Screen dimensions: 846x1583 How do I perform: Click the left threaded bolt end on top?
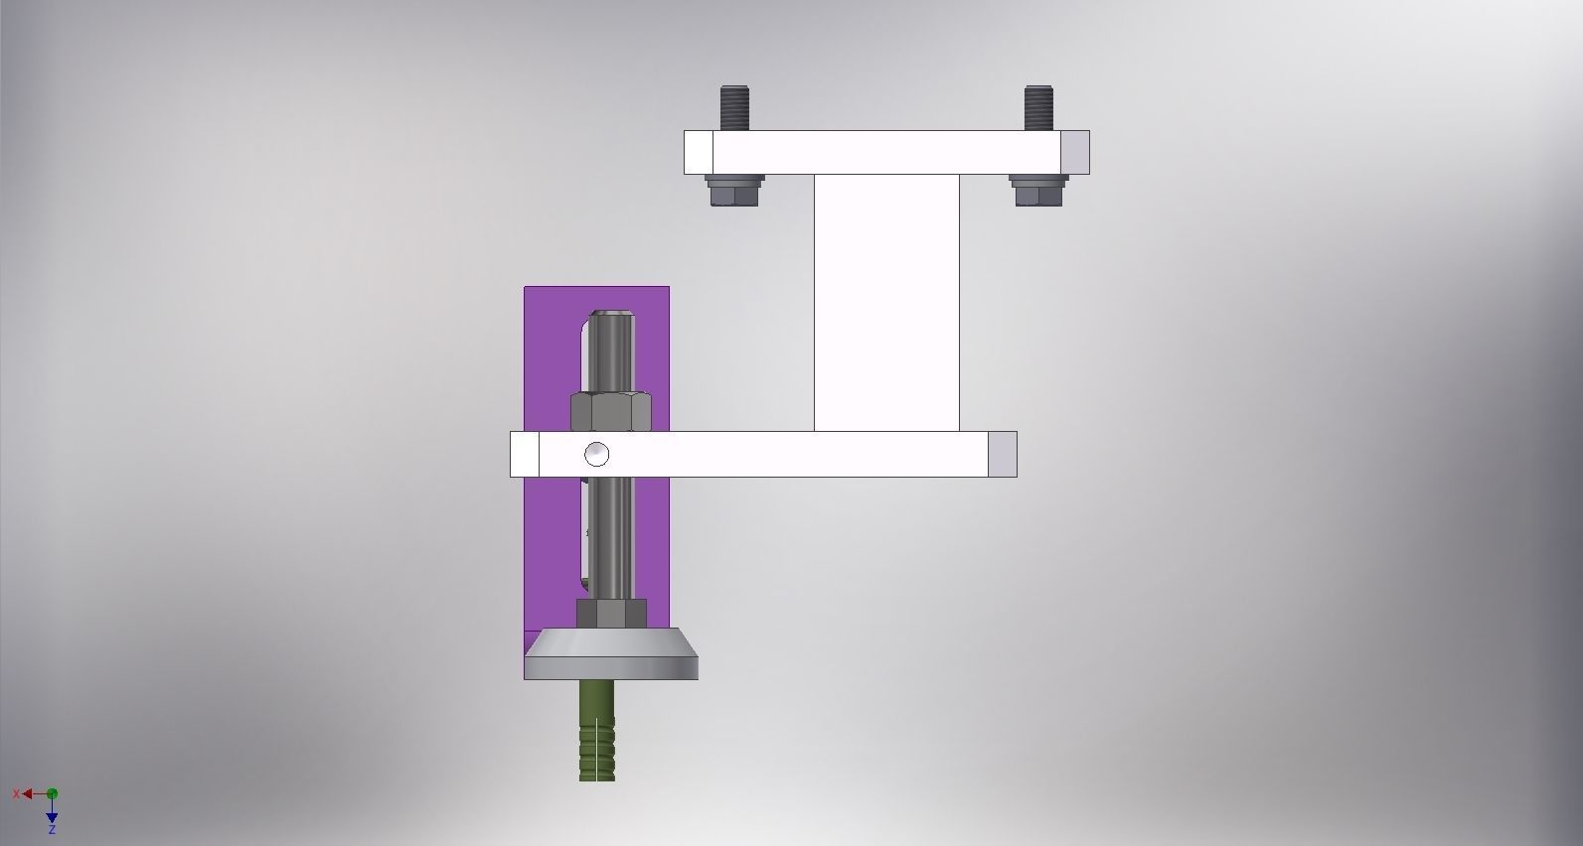coord(734,107)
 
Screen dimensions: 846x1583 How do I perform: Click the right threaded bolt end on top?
coord(1038,107)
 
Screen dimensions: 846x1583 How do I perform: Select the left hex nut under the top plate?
coord(735,191)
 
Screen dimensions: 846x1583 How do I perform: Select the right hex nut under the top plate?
coord(1038,191)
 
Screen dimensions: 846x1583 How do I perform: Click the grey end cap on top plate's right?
coord(1074,152)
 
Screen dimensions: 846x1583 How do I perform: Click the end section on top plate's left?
coord(699,152)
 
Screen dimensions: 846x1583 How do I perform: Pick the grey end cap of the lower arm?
coord(1002,454)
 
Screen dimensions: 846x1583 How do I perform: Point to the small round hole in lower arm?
coord(596,454)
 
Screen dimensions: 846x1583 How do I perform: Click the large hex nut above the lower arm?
coord(610,411)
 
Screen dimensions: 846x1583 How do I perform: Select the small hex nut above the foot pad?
coord(611,614)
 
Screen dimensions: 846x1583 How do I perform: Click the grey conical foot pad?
coord(611,655)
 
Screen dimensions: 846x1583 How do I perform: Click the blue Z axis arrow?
coord(52,817)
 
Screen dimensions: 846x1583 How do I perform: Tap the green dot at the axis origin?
coord(52,793)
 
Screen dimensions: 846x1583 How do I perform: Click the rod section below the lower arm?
coord(611,536)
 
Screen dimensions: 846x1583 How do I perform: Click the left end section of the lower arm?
coord(525,454)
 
